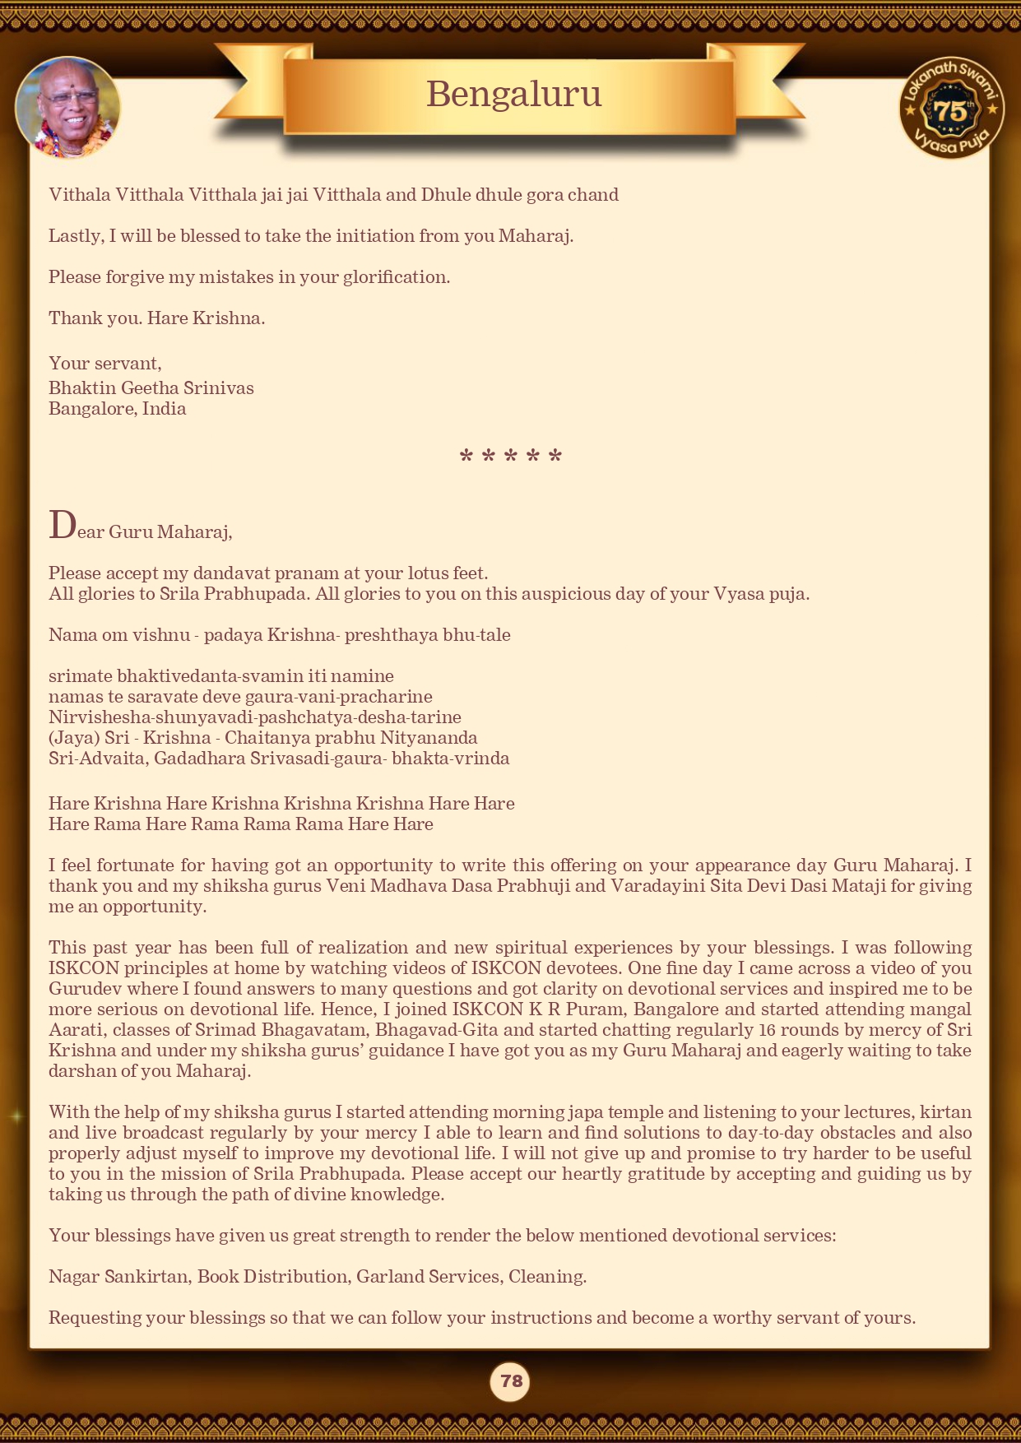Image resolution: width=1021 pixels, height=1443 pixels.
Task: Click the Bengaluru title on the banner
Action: point(513,95)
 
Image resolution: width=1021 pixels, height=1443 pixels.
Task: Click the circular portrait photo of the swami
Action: point(67,108)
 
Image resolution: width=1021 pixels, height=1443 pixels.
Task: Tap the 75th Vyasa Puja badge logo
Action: point(951,108)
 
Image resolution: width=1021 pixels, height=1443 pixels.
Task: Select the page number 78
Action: point(511,1380)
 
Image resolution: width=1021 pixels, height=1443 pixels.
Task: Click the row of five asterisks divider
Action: point(510,457)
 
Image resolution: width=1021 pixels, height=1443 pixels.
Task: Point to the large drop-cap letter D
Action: point(62,526)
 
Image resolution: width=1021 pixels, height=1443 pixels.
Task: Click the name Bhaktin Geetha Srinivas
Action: point(151,388)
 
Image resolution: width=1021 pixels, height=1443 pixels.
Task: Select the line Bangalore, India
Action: point(117,409)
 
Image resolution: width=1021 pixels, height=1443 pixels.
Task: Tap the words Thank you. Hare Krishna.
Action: point(156,318)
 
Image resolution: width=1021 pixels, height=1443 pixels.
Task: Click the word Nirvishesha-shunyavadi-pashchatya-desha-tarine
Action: point(254,717)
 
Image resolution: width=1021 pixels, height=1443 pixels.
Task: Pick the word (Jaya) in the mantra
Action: point(73,738)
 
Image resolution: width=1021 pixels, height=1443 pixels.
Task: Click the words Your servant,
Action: point(104,364)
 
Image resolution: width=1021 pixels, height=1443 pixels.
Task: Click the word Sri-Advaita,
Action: point(98,759)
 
